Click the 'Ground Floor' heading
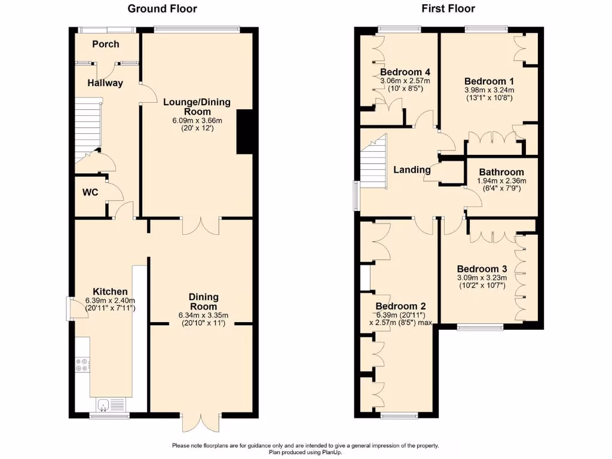pyautogui.click(x=163, y=8)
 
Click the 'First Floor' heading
pyautogui.click(x=448, y=8)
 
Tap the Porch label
pyautogui.click(x=105, y=44)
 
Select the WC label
pyautogui.click(x=90, y=192)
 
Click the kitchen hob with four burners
pyautogui.click(x=82, y=365)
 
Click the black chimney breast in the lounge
pyautogui.click(x=244, y=132)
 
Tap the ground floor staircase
pyautogui.click(x=88, y=130)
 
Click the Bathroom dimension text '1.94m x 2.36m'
pyautogui.click(x=501, y=181)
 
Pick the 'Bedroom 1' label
pyautogui.click(x=489, y=81)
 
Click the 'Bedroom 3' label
pyautogui.click(x=482, y=269)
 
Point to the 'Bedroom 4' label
pyautogui.click(x=405, y=72)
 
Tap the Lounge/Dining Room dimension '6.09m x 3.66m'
pyautogui.click(x=197, y=121)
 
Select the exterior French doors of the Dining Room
pyautogui.click(x=201, y=423)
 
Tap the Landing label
pyautogui.click(x=412, y=170)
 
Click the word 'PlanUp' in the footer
pyautogui.click(x=332, y=452)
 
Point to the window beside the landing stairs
pyautogui.click(x=356, y=196)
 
